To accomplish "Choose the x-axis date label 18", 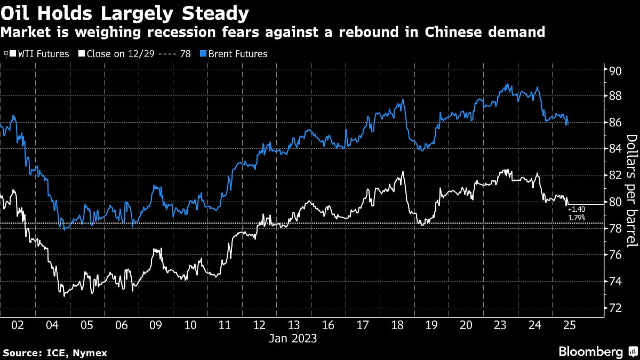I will point(398,325).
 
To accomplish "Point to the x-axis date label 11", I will point(225,325).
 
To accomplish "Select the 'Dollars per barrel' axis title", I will point(631,190).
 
